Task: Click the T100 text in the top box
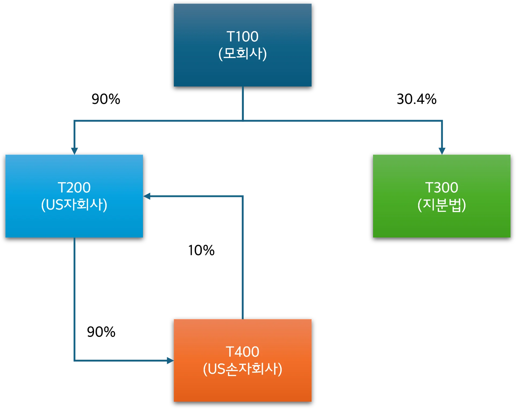click(242, 37)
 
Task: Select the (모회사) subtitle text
click(242, 53)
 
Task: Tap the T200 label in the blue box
click(74, 188)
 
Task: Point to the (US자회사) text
click(74, 205)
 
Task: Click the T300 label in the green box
click(442, 188)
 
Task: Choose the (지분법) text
click(442, 205)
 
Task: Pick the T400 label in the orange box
click(242, 352)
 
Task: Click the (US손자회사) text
click(242, 369)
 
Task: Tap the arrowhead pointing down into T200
click(74, 150)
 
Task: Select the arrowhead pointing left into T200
click(147, 196)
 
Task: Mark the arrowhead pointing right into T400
click(170, 361)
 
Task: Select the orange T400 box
click(242, 390)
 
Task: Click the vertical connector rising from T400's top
click(243, 269)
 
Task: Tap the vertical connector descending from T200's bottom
click(74, 296)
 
